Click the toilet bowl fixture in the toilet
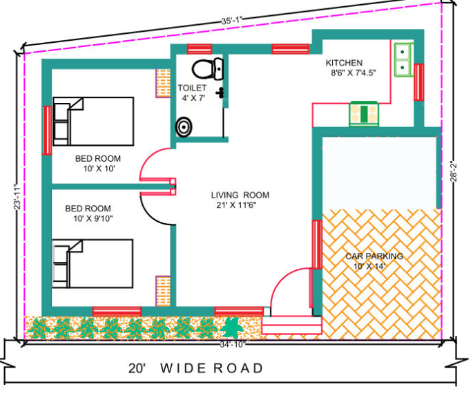pos(208,68)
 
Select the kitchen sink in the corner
pos(403,59)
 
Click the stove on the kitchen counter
pos(362,113)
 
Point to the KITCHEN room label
pos(344,63)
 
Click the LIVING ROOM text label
pos(240,195)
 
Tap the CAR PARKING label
pos(374,256)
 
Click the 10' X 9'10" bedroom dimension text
pos(93,219)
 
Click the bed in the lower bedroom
pos(93,263)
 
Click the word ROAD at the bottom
pos(240,368)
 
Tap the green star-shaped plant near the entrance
pos(231,325)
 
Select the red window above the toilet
pos(200,48)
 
